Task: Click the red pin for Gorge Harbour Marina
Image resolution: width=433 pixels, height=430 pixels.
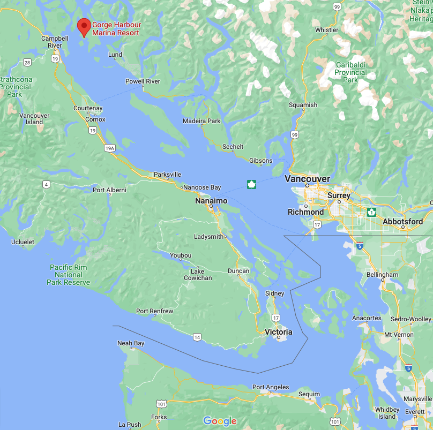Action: [84, 26]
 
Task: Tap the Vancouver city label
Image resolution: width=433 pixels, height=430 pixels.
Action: [307, 178]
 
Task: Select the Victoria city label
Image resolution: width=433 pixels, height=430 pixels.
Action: [279, 332]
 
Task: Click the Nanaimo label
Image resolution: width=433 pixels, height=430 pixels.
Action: [211, 201]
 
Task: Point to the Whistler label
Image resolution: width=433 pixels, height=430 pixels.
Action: [326, 30]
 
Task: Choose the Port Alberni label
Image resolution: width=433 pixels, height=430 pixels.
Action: [109, 190]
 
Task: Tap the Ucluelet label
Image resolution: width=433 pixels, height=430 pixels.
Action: [23, 242]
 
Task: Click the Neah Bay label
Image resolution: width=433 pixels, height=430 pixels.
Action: [131, 343]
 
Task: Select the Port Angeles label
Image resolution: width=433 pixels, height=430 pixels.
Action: [271, 387]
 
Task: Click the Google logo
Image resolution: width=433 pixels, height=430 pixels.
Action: [220, 421]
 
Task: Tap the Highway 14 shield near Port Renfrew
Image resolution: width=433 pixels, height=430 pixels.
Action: [197, 337]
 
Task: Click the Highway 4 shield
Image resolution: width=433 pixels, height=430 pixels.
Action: [47, 185]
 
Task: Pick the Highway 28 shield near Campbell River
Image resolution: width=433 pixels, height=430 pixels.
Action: [27, 63]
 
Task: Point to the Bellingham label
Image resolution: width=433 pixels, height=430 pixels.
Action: [383, 275]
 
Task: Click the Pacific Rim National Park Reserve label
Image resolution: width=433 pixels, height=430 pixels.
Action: [69, 275]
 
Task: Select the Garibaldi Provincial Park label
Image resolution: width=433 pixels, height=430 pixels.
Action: [351, 72]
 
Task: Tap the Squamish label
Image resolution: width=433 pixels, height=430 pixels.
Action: [303, 105]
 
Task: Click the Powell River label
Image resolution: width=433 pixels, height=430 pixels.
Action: [143, 81]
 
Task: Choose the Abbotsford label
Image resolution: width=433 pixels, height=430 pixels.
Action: [402, 221]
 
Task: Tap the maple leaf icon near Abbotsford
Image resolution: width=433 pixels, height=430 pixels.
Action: [371, 212]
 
